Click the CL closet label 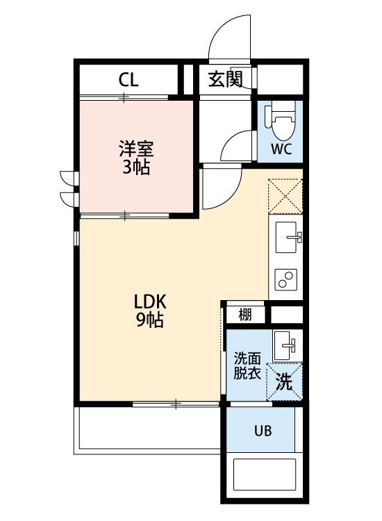pos(128,79)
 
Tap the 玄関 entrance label pos(225,79)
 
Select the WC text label pos(281,149)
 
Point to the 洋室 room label pos(135,149)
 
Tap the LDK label pos(149,302)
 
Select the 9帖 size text pos(149,321)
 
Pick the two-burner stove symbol pos(285,279)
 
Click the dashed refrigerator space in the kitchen pos(285,195)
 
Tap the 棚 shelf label pos(245,315)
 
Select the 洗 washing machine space pos(285,381)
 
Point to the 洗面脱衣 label pos(247,366)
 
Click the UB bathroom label pos(262,431)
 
